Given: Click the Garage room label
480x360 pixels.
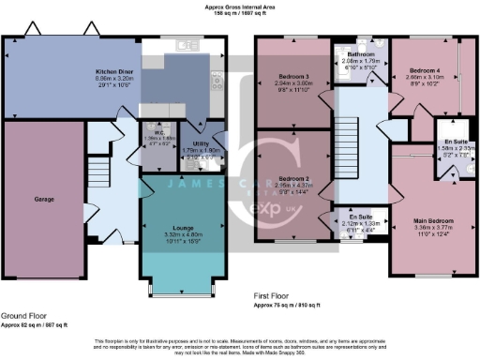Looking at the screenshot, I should tap(44, 200).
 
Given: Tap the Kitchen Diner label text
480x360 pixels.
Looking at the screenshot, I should tap(112, 71).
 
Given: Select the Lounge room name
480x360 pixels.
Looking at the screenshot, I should tap(179, 227).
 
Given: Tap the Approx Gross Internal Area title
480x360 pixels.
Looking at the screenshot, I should tap(239, 7).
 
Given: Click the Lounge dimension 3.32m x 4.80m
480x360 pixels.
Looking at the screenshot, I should tap(179, 233).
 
